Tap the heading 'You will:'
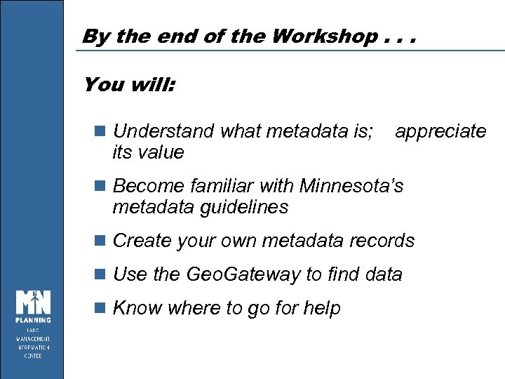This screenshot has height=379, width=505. [129, 86]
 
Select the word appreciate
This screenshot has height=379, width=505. [440, 131]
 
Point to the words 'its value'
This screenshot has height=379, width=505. [148, 152]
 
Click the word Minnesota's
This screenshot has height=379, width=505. [351, 186]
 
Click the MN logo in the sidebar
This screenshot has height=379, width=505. [34, 302]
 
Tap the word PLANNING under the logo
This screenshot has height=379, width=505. [34, 321]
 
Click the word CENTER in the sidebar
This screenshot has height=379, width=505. [34, 356]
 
